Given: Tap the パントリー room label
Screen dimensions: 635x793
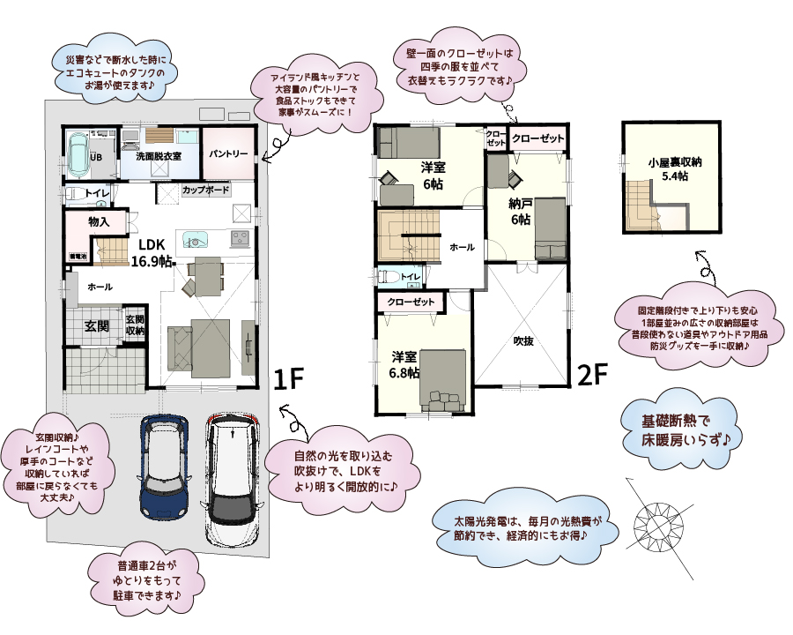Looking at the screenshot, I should tap(228, 153).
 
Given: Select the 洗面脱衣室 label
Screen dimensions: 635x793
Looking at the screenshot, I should tap(159, 156).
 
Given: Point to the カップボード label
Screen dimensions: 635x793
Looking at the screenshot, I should tap(206, 190).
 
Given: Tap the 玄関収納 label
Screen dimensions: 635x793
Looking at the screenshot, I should tap(135, 325).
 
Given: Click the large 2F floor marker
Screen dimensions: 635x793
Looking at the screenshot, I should tap(593, 375).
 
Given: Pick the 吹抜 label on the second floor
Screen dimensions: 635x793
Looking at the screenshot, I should tap(525, 340).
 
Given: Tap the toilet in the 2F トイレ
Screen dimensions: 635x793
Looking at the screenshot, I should tap(386, 276).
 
